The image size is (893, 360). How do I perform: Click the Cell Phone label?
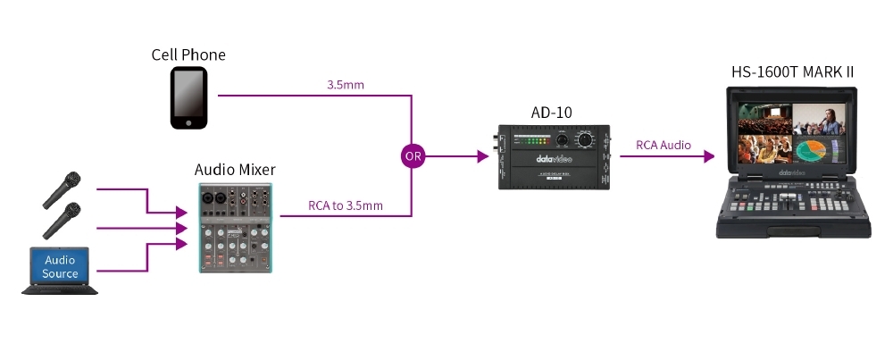coord(188,54)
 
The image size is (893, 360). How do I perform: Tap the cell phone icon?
coord(188,98)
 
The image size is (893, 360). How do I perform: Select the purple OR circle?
coord(413,156)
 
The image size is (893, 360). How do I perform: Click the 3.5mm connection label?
coord(345,85)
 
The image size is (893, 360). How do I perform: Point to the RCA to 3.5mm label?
coord(345,205)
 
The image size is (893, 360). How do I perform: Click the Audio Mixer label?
coord(235,170)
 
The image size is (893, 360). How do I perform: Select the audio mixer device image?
coord(236,227)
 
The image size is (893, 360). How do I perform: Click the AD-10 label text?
coord(551,113)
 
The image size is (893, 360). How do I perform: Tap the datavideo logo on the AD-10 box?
coord(555,159)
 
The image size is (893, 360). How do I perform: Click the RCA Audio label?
coord(663,146)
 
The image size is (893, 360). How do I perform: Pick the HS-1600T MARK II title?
coord(792,71)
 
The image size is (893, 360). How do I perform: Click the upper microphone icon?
coord(61,189)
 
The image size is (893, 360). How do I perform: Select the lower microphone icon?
coord(61,220)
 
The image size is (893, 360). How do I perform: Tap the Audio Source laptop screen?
coord(60,266)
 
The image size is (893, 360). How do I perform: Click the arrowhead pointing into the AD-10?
coord(482,156)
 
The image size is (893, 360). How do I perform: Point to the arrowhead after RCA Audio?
coord(708,156)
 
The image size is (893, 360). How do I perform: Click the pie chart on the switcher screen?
coord(814,151)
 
